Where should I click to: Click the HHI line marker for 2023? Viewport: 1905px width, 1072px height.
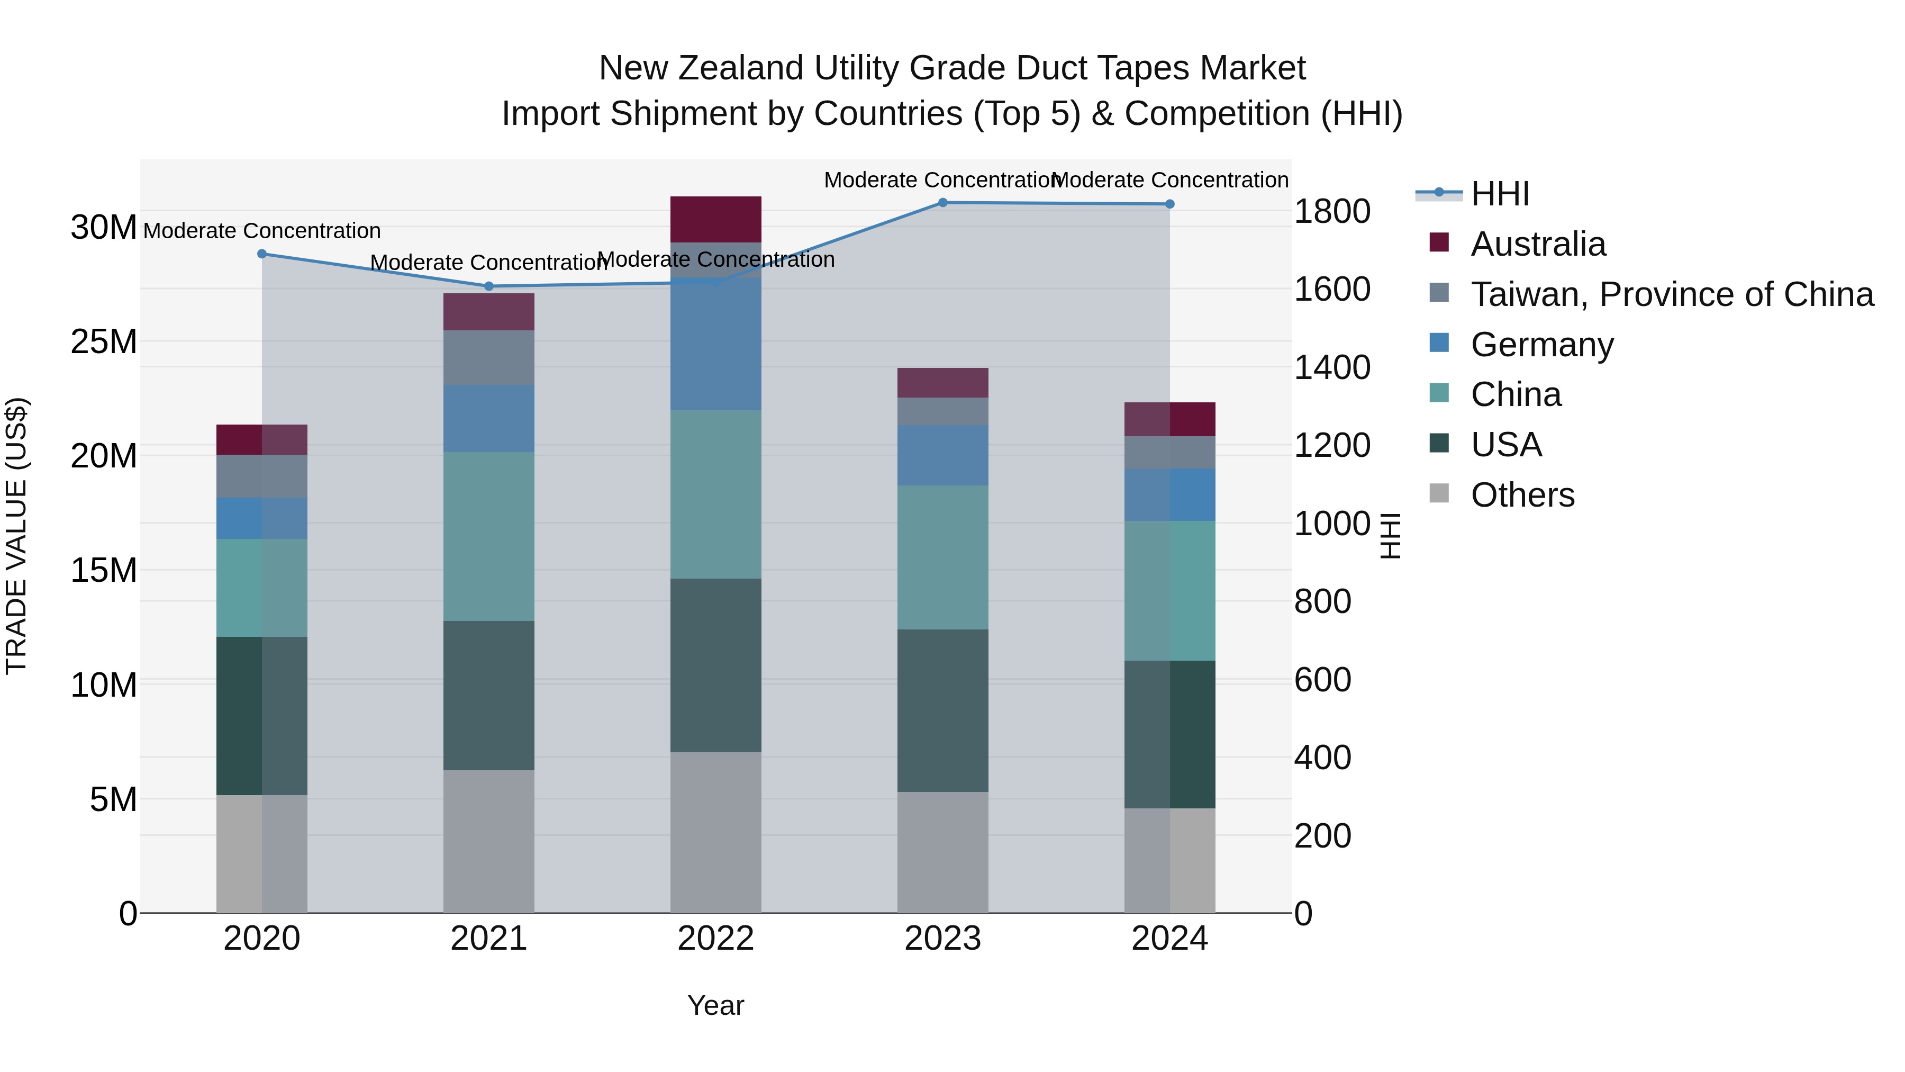click(942, 203)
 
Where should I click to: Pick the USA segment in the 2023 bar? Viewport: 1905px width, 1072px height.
click(942, 710)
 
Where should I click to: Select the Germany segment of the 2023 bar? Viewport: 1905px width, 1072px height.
click(942, 455)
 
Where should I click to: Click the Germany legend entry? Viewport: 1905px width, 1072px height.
click(1542, 345)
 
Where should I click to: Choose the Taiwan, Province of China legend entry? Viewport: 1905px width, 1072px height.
click(1671, 294)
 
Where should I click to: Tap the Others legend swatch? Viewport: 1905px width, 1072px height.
click(1439, 493)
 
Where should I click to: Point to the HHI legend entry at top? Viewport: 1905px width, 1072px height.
click(1500, 194)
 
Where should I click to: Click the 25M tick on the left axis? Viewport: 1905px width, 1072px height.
click(104, 342)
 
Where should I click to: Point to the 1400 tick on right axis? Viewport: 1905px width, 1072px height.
click(1331, 368)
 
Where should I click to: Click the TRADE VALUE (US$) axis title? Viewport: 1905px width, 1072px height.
click(16, 536)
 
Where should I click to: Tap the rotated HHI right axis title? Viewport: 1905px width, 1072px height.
click(1390, 536)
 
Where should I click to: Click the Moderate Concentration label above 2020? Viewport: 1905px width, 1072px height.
click(262, 231)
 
